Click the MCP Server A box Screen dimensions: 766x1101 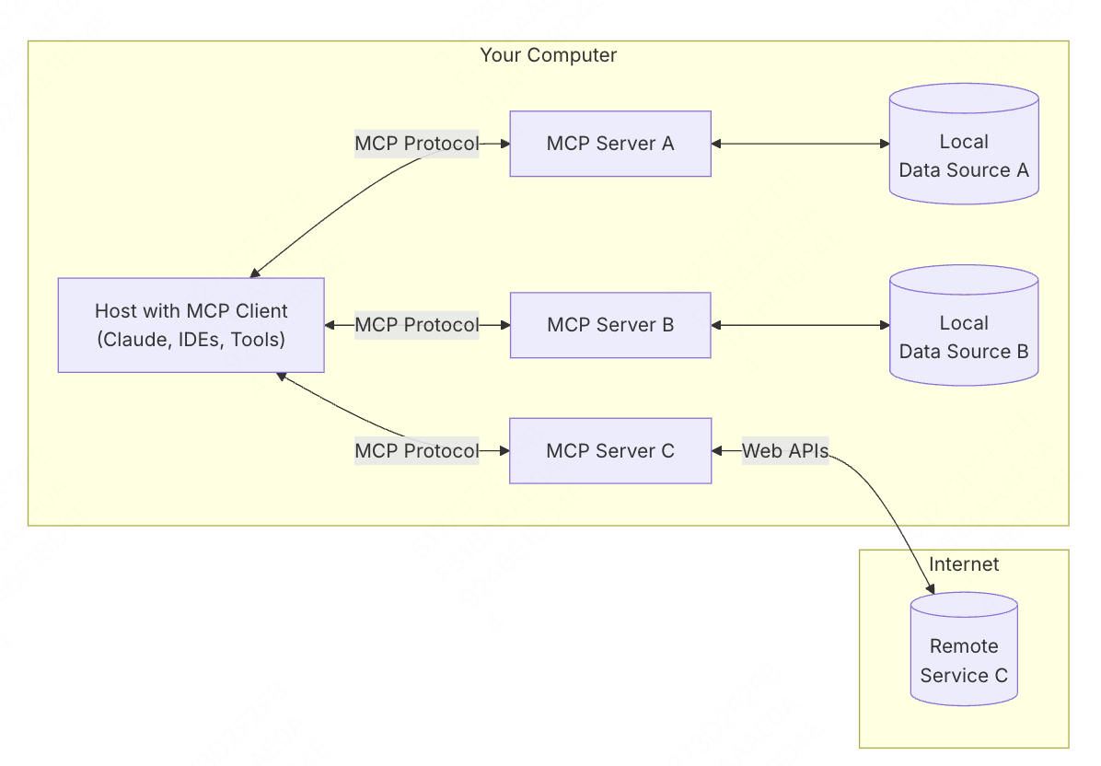610,144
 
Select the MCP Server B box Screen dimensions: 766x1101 610,325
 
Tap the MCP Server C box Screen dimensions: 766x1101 610,451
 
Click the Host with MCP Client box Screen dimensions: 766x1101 191,325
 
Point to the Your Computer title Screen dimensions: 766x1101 549,55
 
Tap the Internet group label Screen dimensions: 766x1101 964,564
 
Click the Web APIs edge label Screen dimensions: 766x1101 785,451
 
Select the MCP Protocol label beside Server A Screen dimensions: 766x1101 417,144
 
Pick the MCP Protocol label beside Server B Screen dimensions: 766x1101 417,325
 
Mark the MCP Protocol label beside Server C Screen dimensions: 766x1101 417,451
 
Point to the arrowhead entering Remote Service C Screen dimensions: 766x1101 931,588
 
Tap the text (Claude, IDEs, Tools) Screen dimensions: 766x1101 191,340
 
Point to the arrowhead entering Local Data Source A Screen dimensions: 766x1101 884,144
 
